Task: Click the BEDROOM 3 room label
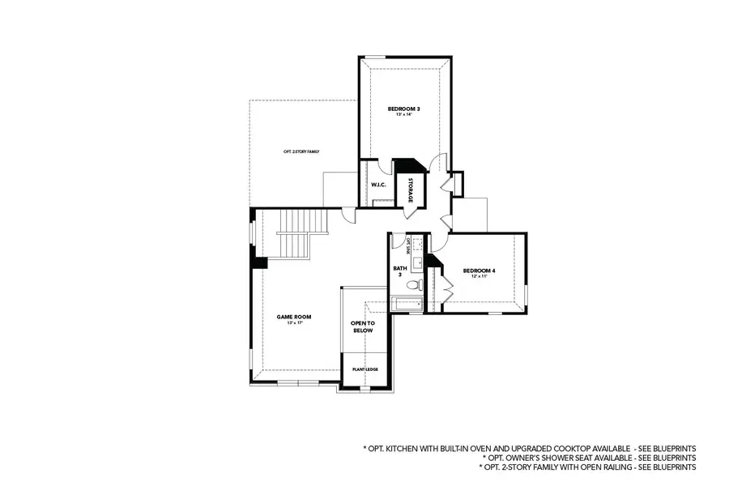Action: pyautogui.click(x=403, y=108)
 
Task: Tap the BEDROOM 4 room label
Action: pyautogui.click(x=479, y=271)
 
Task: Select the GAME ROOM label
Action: pyautogui.click(x=294, y=317)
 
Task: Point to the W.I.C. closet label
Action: pyautogui.click(x=378, y=185)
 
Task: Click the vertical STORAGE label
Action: pyautogui.click(x=410, y=190)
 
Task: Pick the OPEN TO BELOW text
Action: pyautogui.click(x=363, y=326)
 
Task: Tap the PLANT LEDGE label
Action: pyautogui.click(x=365, y=369)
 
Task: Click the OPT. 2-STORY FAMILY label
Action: pyautogui.click(x=301, y=151)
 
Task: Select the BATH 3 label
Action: pyautogui.click(x=399, y=271)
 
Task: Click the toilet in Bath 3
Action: pyautogui.click(x=414, y=285)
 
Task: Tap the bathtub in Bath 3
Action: pyautogui.click(x=407, y=305)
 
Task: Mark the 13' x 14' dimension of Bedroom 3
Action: pyautogui.click(x=403, y=115)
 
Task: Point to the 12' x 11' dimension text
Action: pyautogui.click(x=479, y=278)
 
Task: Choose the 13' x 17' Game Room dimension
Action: pyautogui.click(x=294, y=324)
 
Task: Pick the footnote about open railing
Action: pyautogui.click(x=587, y=467)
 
